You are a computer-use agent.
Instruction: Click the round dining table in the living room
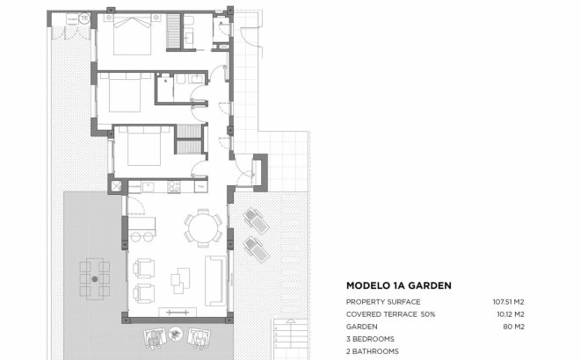point(202,231)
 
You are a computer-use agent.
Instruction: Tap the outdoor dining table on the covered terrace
point(94,279)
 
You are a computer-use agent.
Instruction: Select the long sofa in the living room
point(214,277)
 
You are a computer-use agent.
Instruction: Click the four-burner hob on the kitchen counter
point(174,186)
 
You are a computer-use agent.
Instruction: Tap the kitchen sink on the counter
point(147,186)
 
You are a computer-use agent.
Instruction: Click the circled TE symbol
point(84,18)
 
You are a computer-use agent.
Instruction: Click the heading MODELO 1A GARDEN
point(399,285)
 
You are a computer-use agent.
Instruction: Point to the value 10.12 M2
point(509,314)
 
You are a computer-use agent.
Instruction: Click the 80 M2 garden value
point(513,326)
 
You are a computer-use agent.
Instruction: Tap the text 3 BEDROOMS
point(370,338)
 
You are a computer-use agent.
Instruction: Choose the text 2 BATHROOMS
point(373,350)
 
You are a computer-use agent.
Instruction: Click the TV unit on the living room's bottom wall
point(176,311)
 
